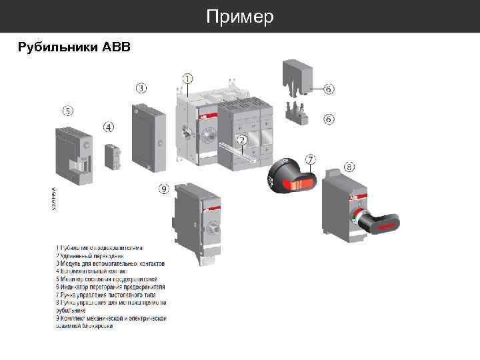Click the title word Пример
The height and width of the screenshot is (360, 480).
point(240,17)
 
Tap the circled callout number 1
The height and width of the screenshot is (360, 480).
point(188,79)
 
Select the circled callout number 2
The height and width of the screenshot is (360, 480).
point(242,140)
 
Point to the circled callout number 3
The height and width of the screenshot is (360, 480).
point(141,87)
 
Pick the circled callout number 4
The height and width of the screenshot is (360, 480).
point(109,126)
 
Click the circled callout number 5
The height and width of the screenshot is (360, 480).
point(68,110)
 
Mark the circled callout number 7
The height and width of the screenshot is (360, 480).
point(311,159)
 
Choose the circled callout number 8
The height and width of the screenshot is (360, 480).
point(349,167)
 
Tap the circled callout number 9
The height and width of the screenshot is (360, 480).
point(164,189)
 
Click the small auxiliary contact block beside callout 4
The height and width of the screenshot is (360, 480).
point(112,157)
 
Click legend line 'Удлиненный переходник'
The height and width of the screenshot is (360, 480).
point(91,256)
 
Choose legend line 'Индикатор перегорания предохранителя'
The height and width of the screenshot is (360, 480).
point(111,287)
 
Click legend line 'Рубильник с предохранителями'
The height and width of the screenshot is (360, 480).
point(99,249)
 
